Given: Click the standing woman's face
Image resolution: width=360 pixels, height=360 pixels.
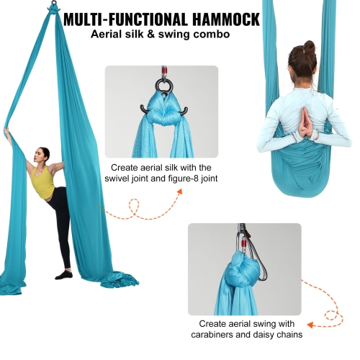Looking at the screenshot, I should pos(45,154).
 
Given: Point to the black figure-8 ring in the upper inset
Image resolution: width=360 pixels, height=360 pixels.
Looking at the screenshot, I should pos(161,88).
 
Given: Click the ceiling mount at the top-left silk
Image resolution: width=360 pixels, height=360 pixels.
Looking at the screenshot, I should pos(53,9).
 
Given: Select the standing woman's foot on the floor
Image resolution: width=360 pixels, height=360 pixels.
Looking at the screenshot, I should pos(65,274).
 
